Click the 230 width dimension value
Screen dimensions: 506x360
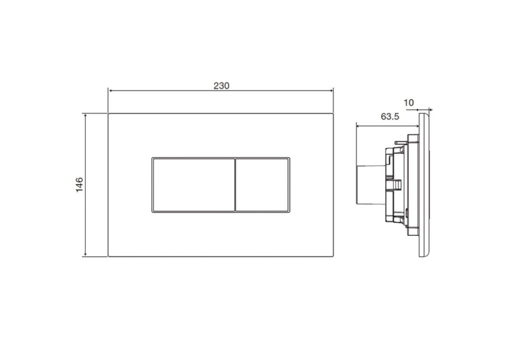pos(221,86)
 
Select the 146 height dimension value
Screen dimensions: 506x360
pos(79,185)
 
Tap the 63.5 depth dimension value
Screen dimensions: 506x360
pos(390,116)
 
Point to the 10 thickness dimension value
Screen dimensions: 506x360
pos(408,103)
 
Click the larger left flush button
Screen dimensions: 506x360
pos(194,185)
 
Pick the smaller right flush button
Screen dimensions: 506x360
pos(262,185)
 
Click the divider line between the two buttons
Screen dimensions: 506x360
pos(235,185)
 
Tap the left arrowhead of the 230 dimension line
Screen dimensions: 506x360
pos(110,90)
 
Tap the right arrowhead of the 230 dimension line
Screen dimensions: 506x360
pos(331,90)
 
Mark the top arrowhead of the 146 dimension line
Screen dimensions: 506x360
pos(85,116)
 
